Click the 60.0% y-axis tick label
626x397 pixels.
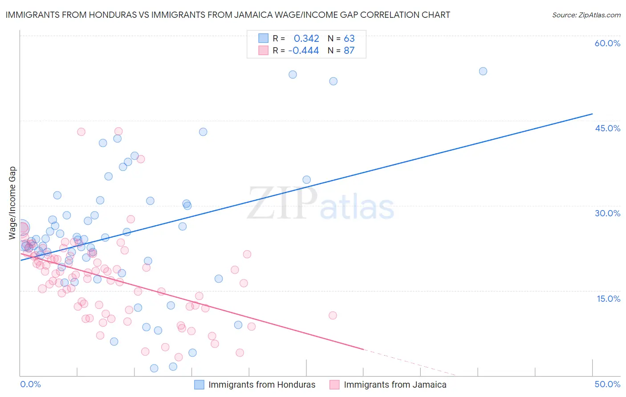(x=607, y=43)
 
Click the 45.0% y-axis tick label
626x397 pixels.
(x=607, y=128)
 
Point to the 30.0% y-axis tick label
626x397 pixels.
(x=607, y=213)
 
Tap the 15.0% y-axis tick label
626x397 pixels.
(x=608, y=299)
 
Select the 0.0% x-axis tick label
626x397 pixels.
(x=30, y=384)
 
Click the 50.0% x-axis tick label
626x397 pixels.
(x=607, y=384)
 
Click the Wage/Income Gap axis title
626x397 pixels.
(x=12, y=203)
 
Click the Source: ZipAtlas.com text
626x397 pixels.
(x=586, y=15)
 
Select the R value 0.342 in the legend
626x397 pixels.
(x=306, y=38)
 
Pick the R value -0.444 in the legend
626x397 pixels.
(x=304, y=51)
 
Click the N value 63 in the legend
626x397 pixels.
(x=349, y=38)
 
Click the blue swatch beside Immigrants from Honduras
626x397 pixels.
(x=199, y=385)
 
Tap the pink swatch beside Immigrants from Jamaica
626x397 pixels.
(x=334, y=385)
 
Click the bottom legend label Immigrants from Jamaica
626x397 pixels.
(x=395, y=385)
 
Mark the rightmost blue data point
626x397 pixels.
(x=483, y=71)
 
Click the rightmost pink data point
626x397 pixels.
(x=333, y=316)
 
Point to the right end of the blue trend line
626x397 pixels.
(x=592, y=114)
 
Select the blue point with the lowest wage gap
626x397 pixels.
(x=154, y=368)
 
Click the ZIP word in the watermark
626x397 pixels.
(x=282, y=204)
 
